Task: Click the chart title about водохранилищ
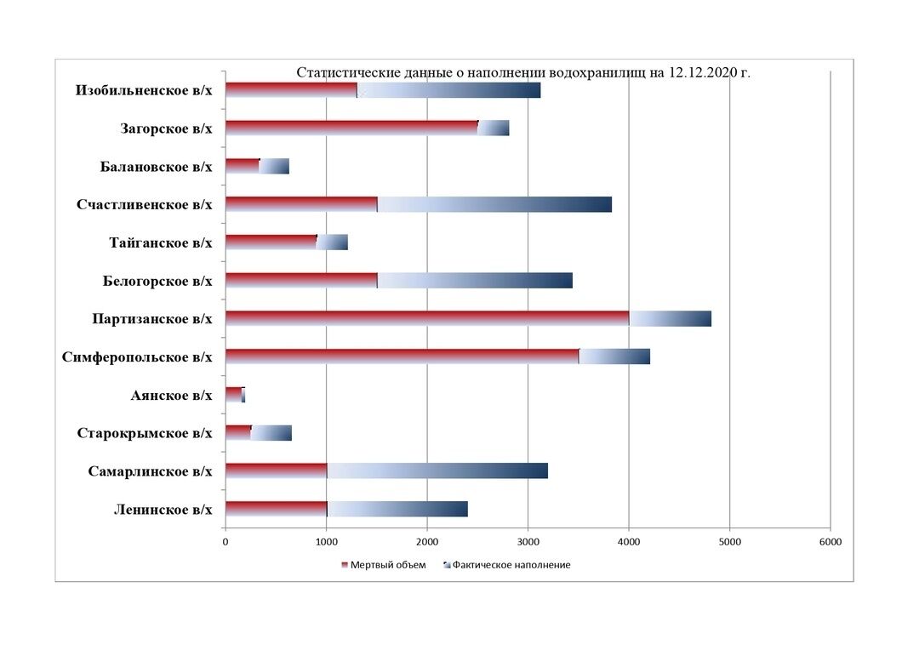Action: click(x=522, y=72)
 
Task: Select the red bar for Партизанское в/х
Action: click(x=427, y=318)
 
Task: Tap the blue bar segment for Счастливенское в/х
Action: click(x=494, y=204)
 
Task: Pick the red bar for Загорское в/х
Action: click(x=351, y=128)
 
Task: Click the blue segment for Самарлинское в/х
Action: click(x=437, y=470)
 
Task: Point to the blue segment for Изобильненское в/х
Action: click(x=448, y=89)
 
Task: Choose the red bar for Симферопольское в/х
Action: click(x=402, y=356)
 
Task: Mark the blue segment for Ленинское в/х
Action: click(x=397, y=509)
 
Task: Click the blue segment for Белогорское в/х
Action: click(x=475, y=280)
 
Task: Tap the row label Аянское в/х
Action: click(x=171, y=395)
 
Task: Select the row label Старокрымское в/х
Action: click(x=144, y=433)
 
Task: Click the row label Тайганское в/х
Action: click(x=161, y=242)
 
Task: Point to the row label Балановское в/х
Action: click(x=156, y=166)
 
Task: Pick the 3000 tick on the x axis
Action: click(x=528, y=542)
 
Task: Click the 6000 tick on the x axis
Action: click(x=830, y=542)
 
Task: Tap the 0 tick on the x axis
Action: click(x=225, y=542)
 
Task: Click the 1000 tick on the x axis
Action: click(x=326, y=542)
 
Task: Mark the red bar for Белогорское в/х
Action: click(x=301, y=280)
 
